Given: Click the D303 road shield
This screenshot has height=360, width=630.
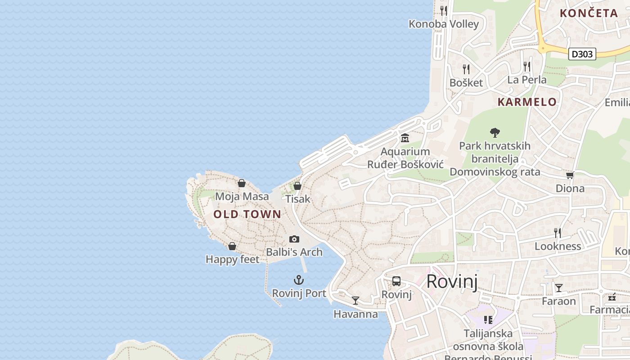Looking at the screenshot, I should tap(582, 54).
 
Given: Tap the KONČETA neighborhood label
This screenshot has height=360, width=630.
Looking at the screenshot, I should tap(589, 13).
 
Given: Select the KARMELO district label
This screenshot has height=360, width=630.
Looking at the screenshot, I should tap(527, 102).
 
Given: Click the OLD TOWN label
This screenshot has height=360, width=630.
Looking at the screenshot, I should tap(247, 214).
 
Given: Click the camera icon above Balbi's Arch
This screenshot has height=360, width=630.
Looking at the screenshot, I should tap(294, 239).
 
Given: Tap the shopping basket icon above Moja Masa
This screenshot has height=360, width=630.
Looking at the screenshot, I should tap(242, 183).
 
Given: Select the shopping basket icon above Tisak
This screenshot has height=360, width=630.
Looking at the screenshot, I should tap(297, 185).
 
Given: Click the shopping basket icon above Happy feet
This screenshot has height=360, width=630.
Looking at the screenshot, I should tap(232, 246).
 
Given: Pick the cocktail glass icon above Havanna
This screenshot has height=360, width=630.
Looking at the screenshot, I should tap(355, 301).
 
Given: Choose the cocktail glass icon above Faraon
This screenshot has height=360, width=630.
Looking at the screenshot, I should tap(558, 288).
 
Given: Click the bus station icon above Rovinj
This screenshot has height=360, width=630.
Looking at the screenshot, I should tap(396, 281).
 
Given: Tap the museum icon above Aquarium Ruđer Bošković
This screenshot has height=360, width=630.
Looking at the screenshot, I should tap(405, 138).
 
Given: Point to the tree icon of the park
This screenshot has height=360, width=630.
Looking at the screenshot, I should tap(495, 132).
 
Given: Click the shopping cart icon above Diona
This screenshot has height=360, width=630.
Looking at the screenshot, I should tap(570, 175).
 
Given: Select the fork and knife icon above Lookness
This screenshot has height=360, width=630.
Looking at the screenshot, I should tap(558, 233).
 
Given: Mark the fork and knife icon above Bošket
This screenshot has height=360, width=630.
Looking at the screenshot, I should tap(466, 69).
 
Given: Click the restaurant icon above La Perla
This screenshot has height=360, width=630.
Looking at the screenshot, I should tap(526, 66).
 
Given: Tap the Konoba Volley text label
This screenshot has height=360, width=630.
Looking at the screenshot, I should tap(443, 24).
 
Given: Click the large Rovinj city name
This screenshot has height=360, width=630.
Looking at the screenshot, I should tap(452, 281).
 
